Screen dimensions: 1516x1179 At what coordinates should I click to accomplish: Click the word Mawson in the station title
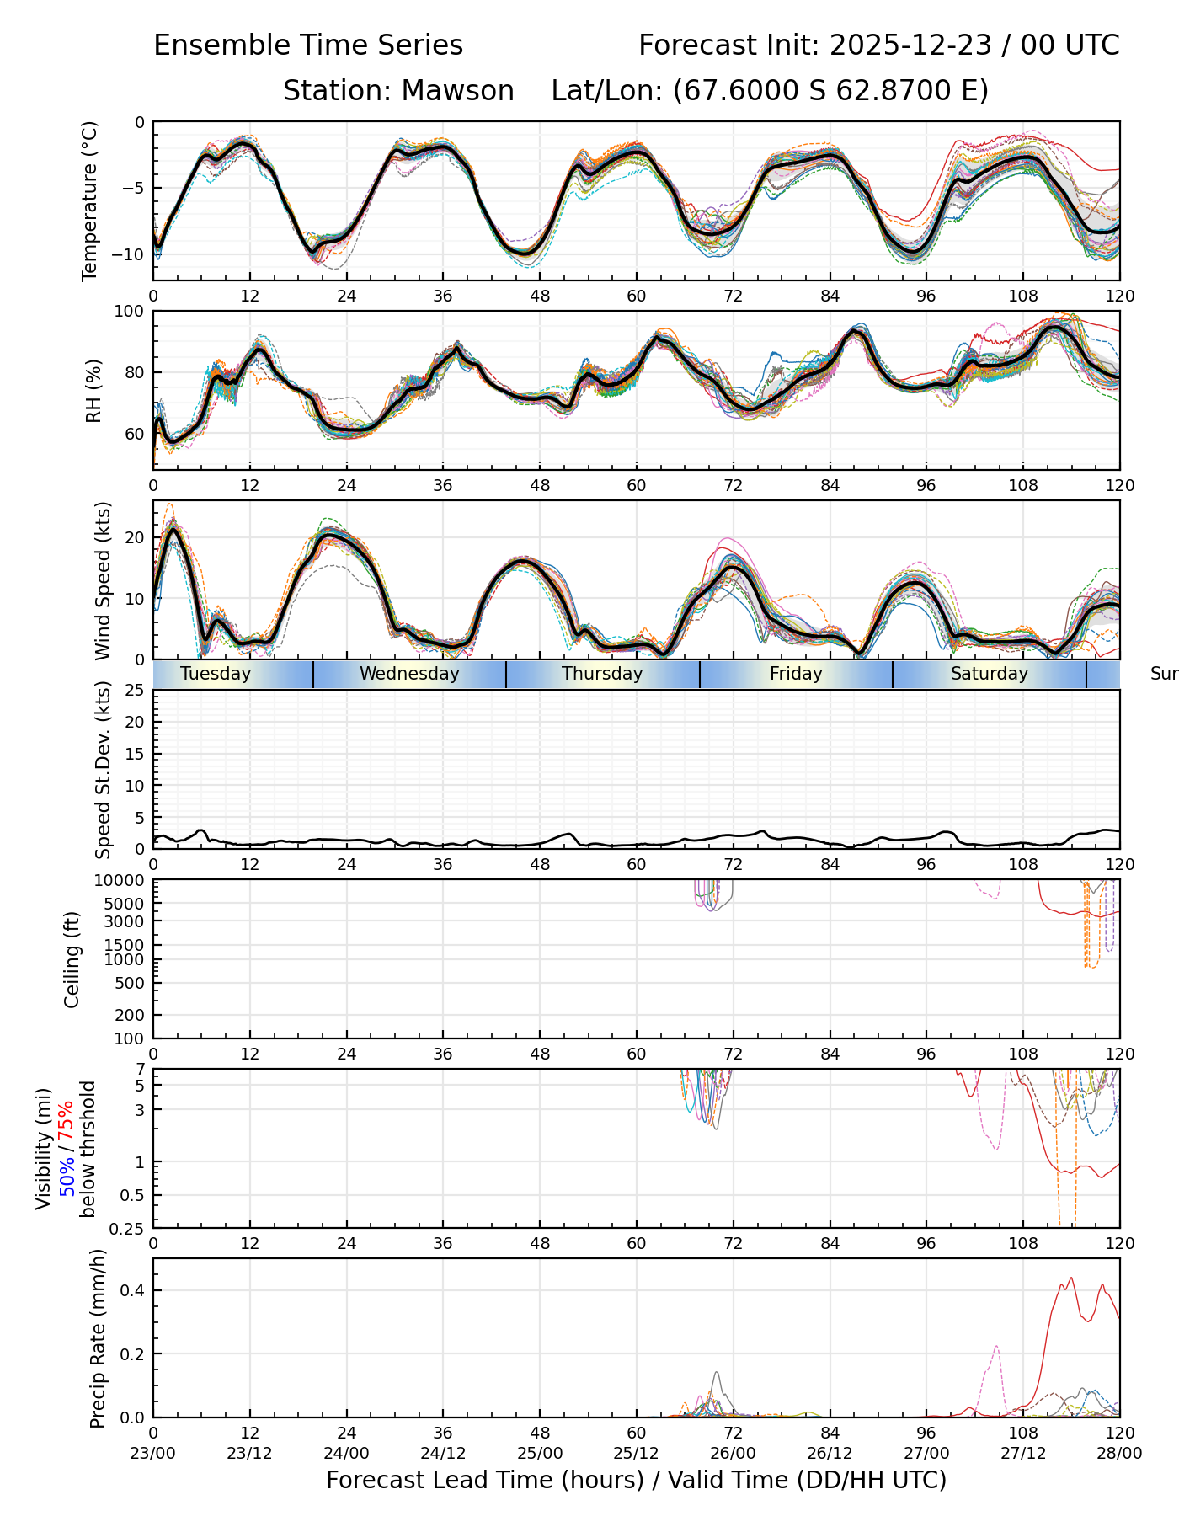[457, 91]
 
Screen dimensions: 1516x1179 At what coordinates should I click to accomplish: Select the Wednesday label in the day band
[409, 674]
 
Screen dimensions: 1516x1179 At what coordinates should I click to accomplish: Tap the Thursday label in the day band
[602, 674]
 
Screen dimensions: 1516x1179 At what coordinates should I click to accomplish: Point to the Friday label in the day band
[796, 674]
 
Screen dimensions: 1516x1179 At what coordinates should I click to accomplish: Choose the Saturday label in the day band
[990, 674]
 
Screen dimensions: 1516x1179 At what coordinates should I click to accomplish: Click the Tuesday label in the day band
[216, 674]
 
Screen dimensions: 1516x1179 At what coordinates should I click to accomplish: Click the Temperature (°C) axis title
[90, 200]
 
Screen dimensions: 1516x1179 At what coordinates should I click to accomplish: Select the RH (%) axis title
[93, 391]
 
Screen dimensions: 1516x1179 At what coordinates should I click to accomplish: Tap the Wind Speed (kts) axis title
[103, 580]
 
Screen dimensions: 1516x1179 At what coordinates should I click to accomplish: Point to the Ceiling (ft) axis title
[72, 959]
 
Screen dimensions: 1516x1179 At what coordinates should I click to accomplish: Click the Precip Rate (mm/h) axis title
[98, 1338]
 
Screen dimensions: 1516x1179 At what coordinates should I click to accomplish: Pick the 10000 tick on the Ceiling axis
[121, 881]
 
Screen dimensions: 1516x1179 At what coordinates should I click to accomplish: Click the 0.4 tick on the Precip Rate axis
[133, 1291]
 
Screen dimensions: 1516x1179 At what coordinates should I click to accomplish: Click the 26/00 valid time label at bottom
[733, 1453]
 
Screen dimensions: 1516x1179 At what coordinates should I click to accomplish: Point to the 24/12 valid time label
[443, 1453]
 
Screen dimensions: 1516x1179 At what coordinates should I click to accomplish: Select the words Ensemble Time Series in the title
[308, 45]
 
